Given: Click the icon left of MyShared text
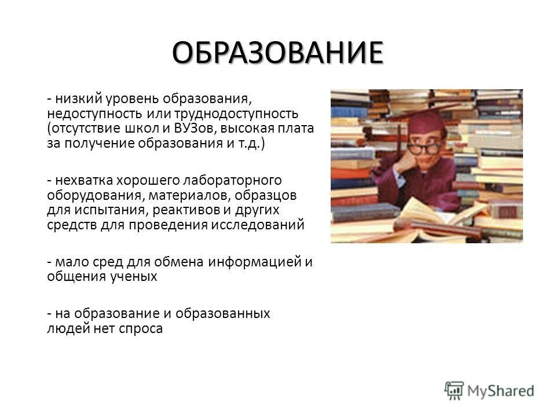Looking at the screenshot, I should (455, 390).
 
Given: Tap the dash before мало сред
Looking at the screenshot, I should (50, 262).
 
